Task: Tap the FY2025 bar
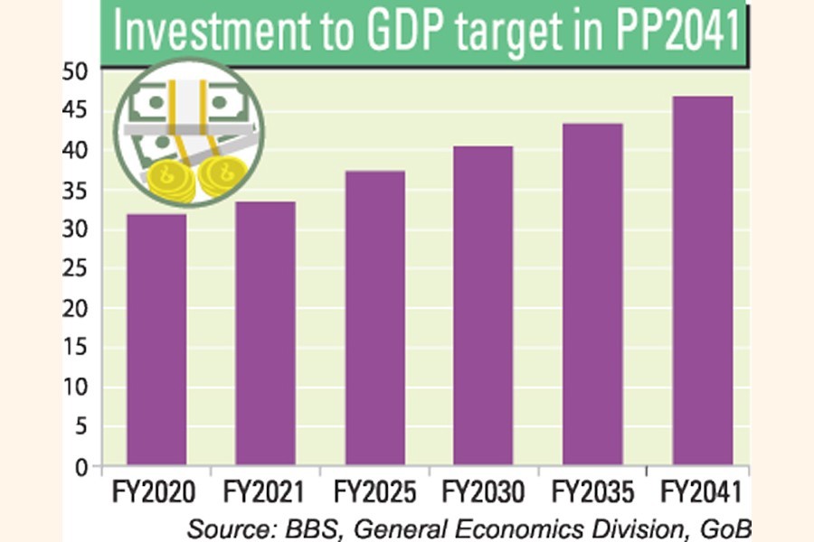(x=374, y=317)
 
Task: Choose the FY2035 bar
(x=592, y=294)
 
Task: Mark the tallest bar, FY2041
(x=702, y=280)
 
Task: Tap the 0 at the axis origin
(x=81, y=467)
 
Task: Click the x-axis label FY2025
(x=374, y=493)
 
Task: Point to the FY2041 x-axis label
(x=702, y=493)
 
